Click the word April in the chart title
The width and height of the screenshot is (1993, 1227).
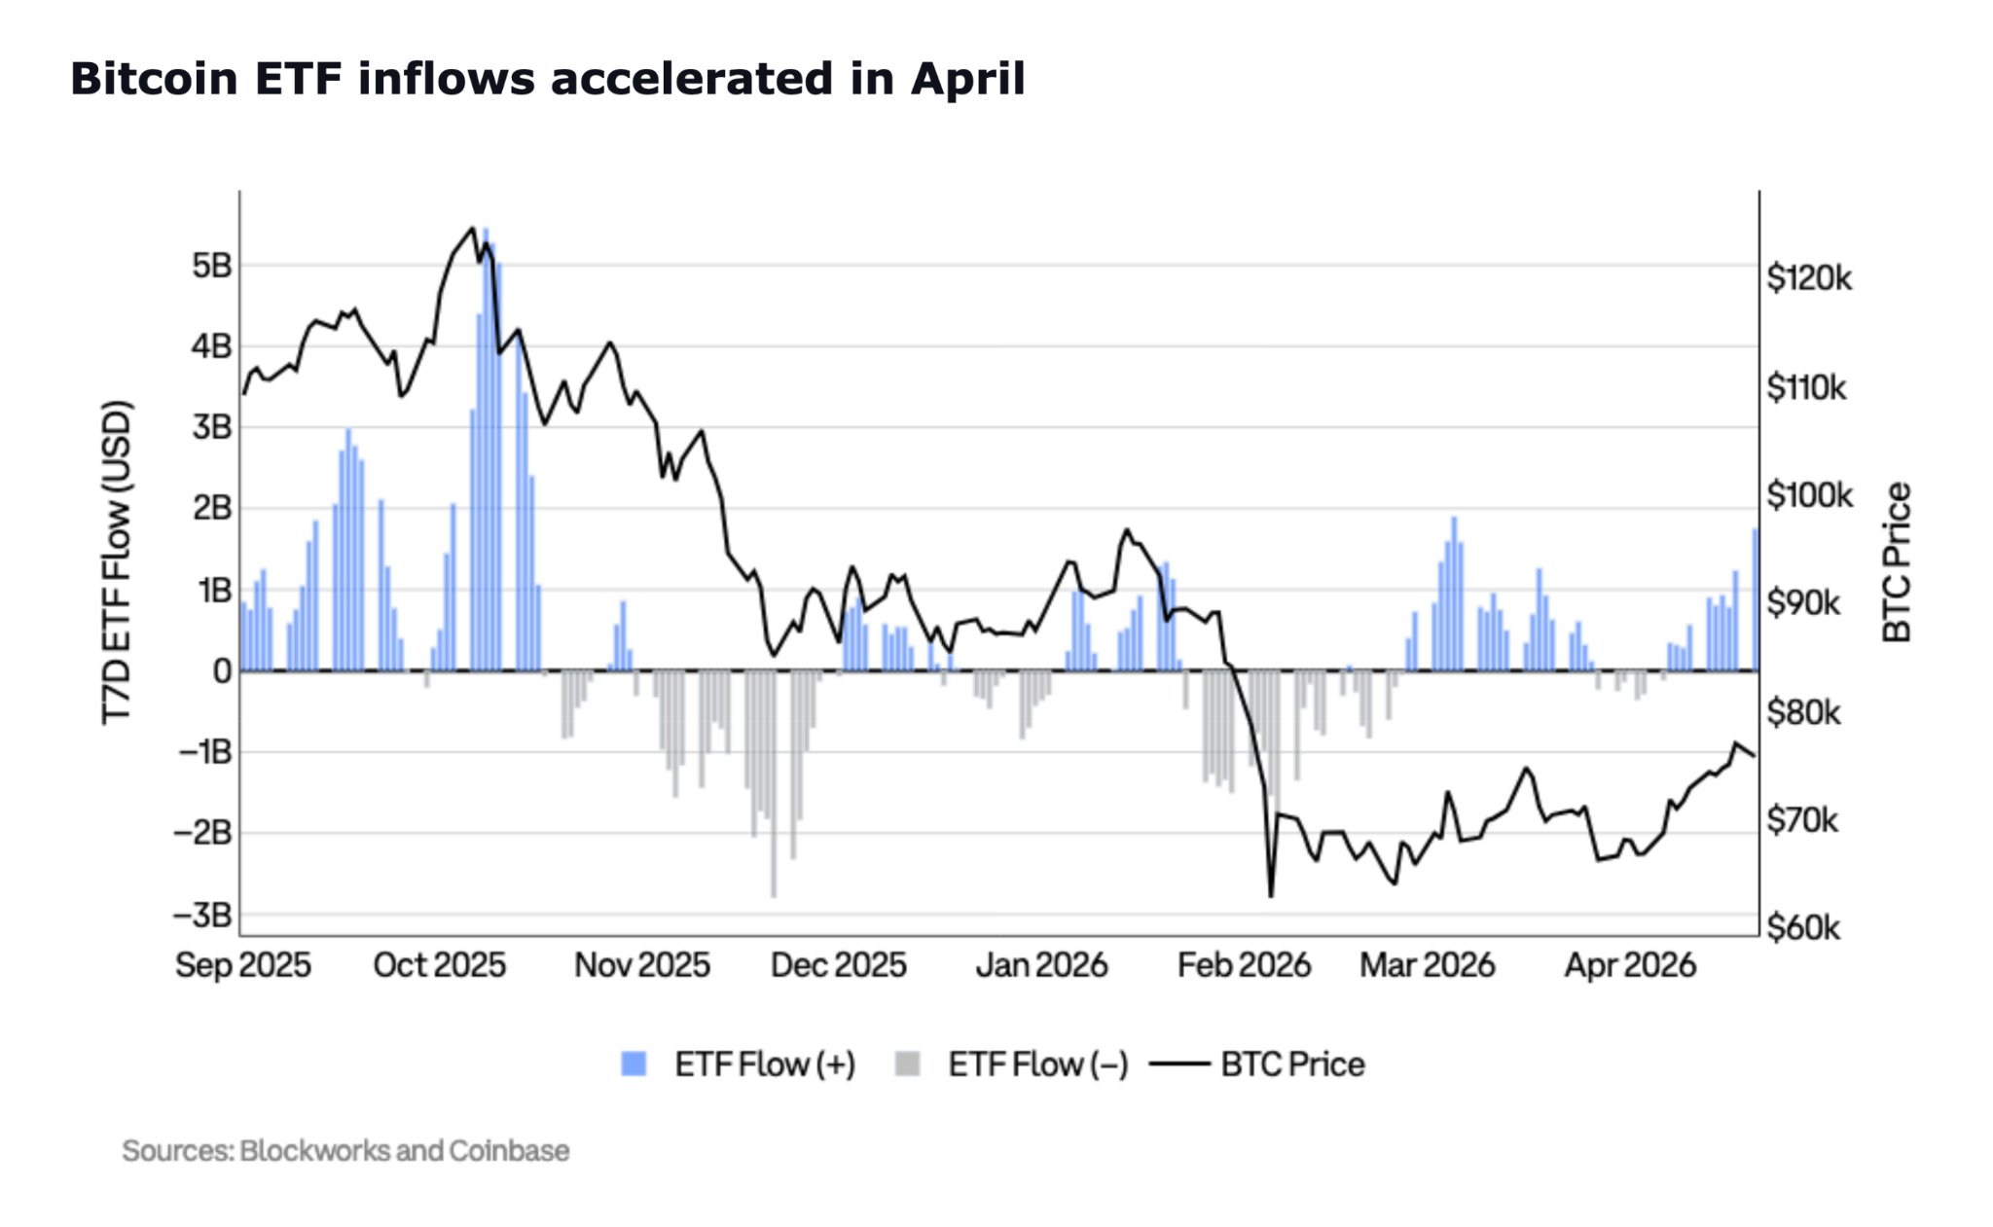tap(967, 79)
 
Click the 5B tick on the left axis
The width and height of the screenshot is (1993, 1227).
tap(211, 266)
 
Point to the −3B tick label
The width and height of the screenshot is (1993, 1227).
tap(202, 916)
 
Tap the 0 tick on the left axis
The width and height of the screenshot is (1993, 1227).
tap(222, 671)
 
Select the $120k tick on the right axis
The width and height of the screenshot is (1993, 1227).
tap(1809, 279)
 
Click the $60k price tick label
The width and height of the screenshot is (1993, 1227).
tap(1803, 928)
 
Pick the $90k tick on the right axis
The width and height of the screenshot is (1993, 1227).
tap(1803, 604)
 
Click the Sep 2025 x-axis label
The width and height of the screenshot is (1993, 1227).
tap(243, 965)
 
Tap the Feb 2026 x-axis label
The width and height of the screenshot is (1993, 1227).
tap(1244, 965)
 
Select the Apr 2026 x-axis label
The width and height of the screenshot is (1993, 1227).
tap(1630, 965)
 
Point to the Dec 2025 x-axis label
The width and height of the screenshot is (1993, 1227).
tap(838, 965)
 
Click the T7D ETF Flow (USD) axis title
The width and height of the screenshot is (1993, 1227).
tap(117, 561)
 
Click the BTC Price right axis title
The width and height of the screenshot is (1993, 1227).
tap(1898, 562)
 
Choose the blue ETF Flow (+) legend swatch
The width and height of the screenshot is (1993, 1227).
tap(634, 1064)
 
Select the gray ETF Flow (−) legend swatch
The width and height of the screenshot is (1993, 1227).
tap(907, 1064)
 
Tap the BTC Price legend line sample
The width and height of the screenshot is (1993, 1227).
tap(1179, 1064)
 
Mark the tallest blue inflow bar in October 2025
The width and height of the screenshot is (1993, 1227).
tap(486, 448)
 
